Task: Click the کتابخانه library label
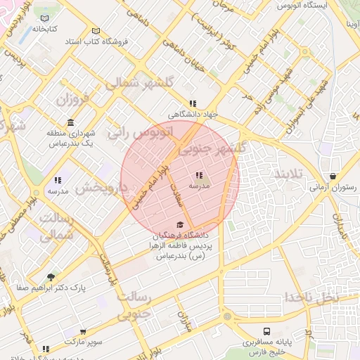click(x=44, y=30)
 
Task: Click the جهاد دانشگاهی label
click(x=194, y=113)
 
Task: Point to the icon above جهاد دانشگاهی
click(x=193, y=103)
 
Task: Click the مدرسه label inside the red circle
click(x=199, y=186)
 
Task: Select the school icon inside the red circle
click(x=199, y=175)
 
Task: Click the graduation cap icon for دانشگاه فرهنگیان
click(x=180, y=224)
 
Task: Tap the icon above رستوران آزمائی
click(x=332, y=176)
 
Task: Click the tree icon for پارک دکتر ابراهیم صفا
click(x=50, y=277)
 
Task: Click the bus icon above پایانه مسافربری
click(x=266, y=330)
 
